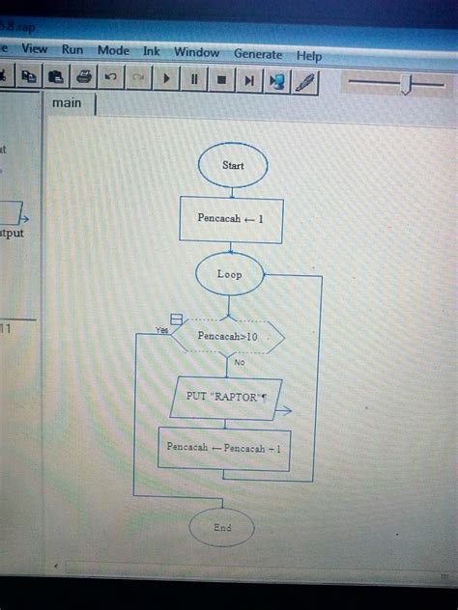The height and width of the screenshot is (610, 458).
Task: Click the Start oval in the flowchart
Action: point(233,166)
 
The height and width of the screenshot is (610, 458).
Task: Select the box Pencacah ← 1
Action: point(231,219)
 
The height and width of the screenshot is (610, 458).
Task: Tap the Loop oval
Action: point(229,274)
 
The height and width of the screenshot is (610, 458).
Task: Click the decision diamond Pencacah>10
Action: point(228,337)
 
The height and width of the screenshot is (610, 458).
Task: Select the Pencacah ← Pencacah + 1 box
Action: point(223,449)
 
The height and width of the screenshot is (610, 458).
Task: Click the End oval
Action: point(222,528)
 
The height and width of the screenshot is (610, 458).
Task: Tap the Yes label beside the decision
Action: point(161,330)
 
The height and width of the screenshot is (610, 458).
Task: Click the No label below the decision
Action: point(239,363)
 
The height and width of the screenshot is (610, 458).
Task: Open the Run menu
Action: point(72,50)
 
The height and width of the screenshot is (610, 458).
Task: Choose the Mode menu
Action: point(112,51)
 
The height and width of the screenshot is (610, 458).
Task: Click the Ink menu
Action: point(152,52)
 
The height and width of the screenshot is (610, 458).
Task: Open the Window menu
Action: point(196,53)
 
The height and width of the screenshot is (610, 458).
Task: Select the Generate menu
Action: point(258,55)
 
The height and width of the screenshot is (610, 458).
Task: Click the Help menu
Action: point(309,56)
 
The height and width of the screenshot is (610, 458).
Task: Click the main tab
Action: point(68,103)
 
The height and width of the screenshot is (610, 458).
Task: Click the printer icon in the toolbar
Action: point(83,76)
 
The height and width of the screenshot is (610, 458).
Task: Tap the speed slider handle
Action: point(407,85)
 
